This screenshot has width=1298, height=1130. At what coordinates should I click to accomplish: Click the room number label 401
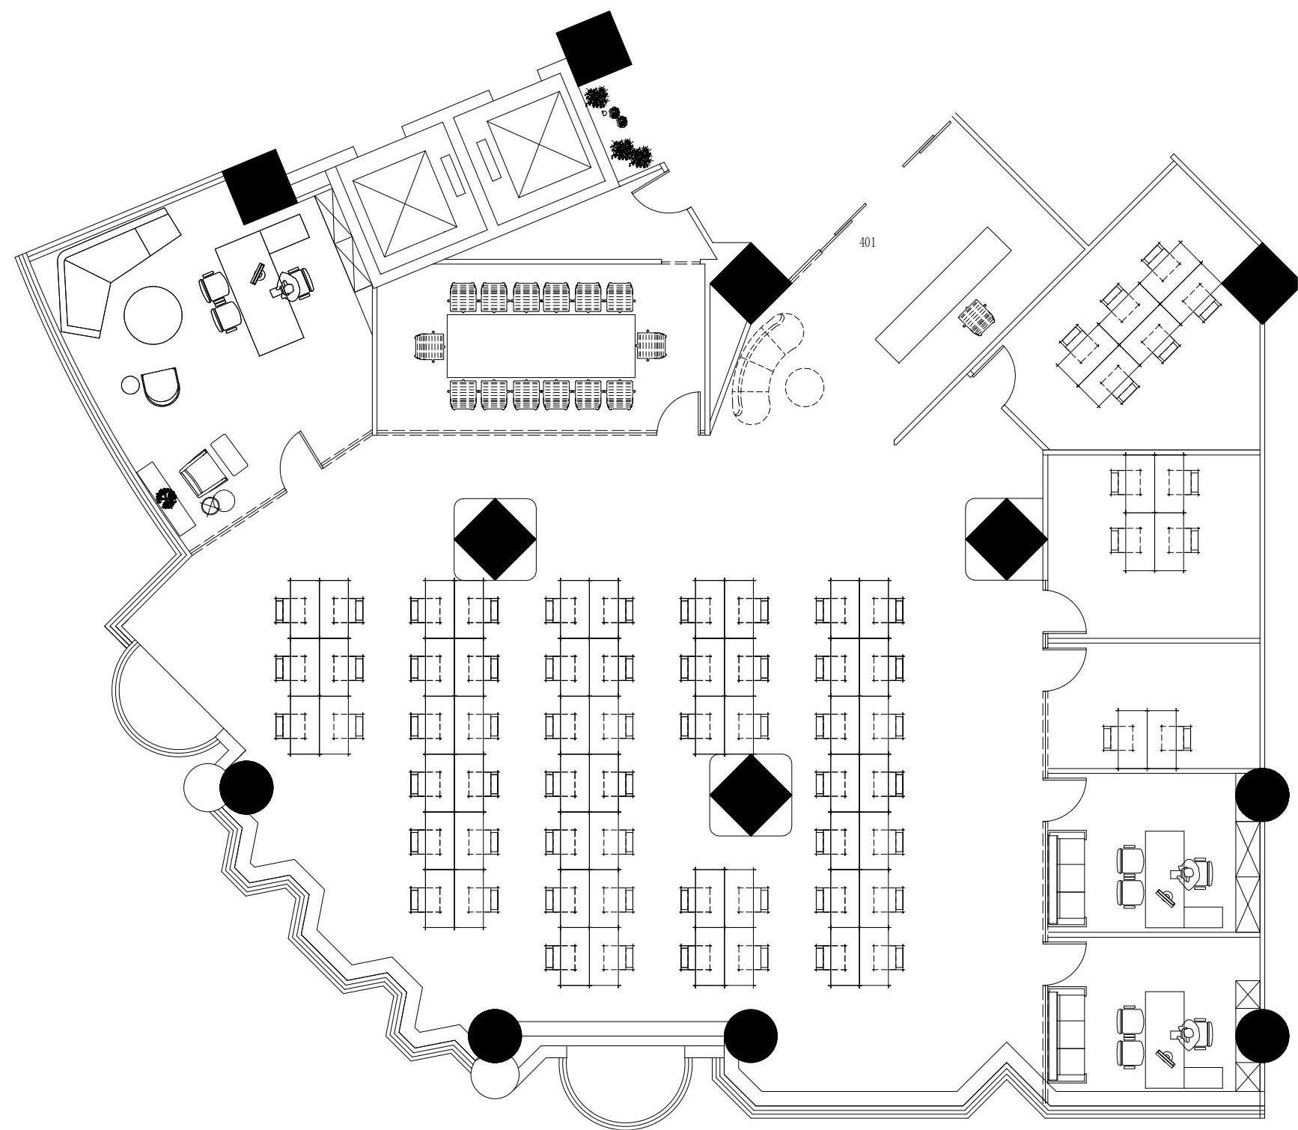tap(868, 242)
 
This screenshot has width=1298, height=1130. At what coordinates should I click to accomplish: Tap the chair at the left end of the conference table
tap(430, 347)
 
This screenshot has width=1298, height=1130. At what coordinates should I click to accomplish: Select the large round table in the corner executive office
tap(153, 315)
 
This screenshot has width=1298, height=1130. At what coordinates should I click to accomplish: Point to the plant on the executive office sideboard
tap(165, 497)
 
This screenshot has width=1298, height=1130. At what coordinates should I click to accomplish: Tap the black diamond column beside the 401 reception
tap(751, 283)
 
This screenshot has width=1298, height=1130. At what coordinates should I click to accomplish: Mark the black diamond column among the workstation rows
tap(751, 795)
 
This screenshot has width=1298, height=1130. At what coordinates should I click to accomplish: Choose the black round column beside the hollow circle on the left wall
tap(246, 787)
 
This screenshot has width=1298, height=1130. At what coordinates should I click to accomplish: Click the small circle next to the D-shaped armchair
tap(130, 385)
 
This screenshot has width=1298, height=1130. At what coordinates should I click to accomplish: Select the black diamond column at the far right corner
tap(1261, 283)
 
